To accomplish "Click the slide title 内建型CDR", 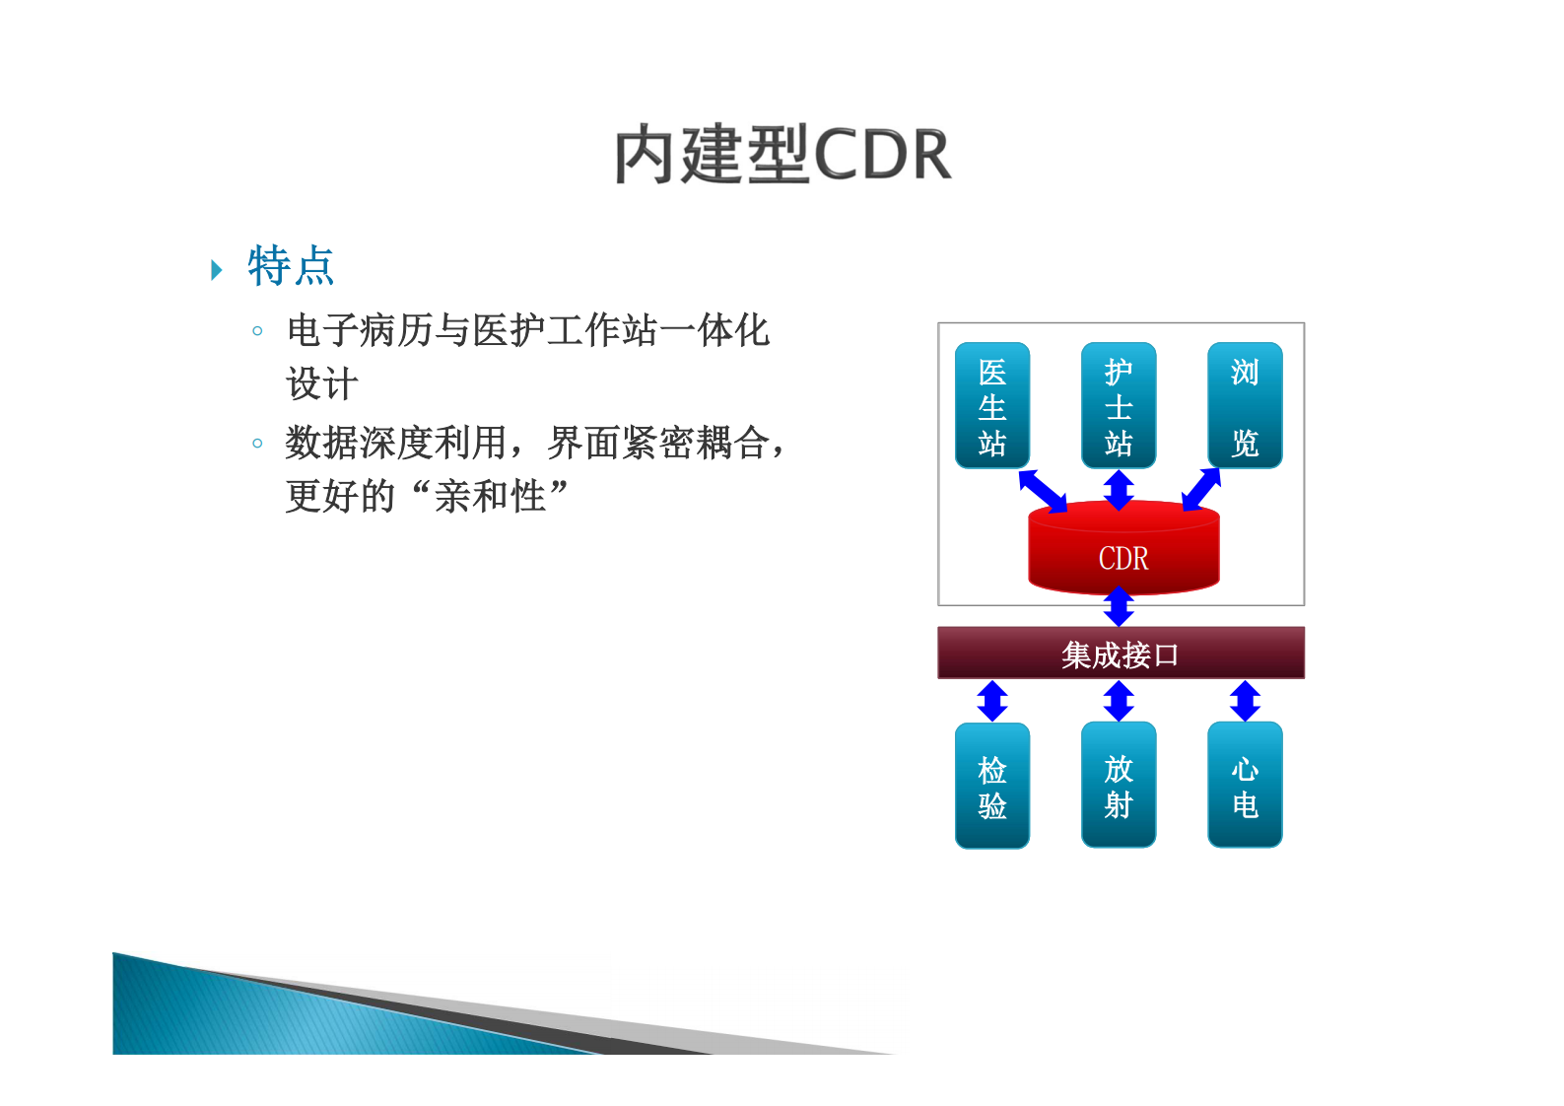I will point(782,155).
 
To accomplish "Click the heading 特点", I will point(291,266).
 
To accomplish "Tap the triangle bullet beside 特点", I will point(217,270).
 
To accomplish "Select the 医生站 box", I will point(992,405).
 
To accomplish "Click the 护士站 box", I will point(1119,405).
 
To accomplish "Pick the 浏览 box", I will point(1245,405).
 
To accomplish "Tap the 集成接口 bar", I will point(1121,654).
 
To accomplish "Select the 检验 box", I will point(992,786).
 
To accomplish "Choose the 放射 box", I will point(1119,786).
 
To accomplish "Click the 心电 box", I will point(1245,786).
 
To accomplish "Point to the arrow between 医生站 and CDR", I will point(1043,491).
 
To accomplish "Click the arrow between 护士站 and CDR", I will point(1119,490).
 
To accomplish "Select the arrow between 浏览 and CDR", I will point(1201,490).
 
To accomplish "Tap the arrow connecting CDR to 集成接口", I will point(1119,606).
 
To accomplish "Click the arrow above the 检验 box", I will point(992,701).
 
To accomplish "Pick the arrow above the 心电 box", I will point(1245,701).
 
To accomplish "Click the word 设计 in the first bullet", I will point(322,384).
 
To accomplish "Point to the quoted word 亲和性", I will point(490,496).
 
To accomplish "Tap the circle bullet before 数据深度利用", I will point(257,444).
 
